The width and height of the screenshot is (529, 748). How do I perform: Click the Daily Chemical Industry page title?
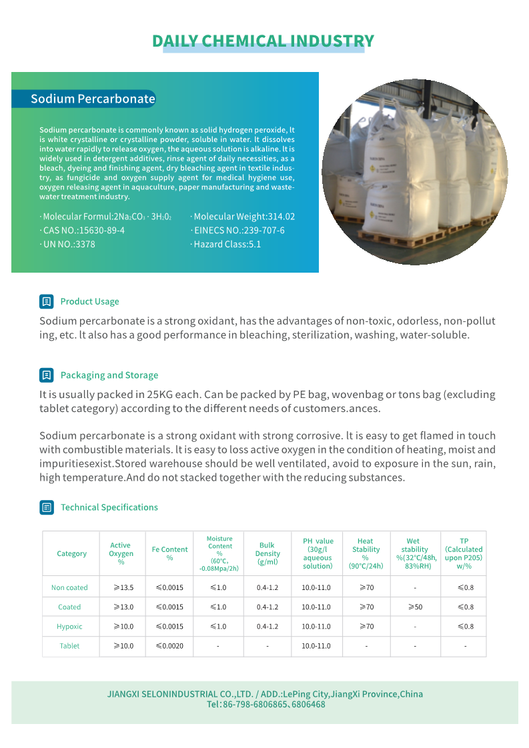(263, 41)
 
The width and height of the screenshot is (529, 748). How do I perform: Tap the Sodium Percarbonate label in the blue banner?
(93, 99)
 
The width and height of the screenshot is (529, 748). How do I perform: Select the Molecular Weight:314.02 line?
(243, 217)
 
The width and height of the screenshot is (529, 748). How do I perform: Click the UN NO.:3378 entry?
(68, 245)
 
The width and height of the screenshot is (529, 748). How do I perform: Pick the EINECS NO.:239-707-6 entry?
(238, 231)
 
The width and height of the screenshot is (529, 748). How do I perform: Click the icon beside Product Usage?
(46, 301)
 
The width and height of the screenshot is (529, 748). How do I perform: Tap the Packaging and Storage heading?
(109, 375)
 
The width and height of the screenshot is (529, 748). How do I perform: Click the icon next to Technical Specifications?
(46, 507)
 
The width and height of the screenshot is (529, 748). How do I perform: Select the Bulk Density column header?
(268, 553)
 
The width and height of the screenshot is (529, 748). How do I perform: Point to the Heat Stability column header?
(366, 553)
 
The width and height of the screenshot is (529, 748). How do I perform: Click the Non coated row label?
(69, 587)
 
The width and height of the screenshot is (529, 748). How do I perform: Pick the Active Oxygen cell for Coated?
(123, 607)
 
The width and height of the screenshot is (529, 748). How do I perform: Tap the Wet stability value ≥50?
(415, 607)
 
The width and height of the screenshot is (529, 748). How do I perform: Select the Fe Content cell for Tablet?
(169, 646)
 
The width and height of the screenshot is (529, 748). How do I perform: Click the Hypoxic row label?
(69, 627)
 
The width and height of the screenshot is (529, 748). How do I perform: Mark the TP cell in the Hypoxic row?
(465, 627)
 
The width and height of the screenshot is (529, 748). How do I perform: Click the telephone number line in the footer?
(266, 705)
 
